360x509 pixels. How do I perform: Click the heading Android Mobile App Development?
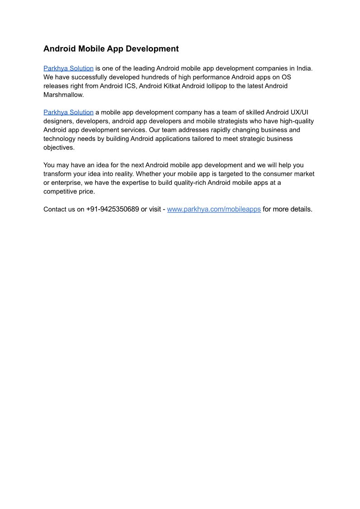pyautogui.click(x=111, y=49)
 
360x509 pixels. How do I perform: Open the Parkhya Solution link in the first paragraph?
pyautogui.click(x=68, y=68)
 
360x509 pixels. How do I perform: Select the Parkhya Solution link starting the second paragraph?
pyautogui.click(x=68, y=112)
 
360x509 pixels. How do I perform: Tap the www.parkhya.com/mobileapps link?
pyautogui.click(x=214, y=209)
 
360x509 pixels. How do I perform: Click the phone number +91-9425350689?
pyautogui.click(x=112, y=209)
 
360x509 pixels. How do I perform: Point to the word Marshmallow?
pyautogui.click(x=63, y=95)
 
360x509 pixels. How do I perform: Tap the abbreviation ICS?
pyautogui.click(x=130, y=86)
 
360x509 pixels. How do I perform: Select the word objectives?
pyautogui.click(x=58, y=148)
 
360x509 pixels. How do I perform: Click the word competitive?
pyautogui.click(x=61, y=192)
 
